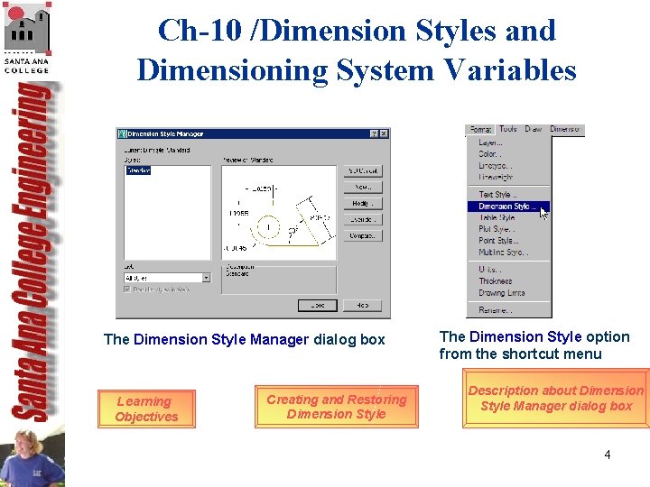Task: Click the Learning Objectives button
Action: coord(146,409)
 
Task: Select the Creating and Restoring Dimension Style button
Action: coord(336,407)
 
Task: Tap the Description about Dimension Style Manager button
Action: coord(555,398)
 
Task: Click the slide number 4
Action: coord(608,455)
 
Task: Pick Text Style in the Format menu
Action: coord(497,195)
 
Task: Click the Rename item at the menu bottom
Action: coord(497,309)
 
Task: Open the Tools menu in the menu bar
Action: coord(509,130)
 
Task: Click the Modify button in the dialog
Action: coord(362,204)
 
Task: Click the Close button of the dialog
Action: coord(318,306)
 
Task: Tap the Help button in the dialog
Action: coord(362,306)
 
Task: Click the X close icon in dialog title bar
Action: coord(384,133)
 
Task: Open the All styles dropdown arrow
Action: coord(206,278)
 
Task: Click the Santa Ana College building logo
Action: coord(26,28)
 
